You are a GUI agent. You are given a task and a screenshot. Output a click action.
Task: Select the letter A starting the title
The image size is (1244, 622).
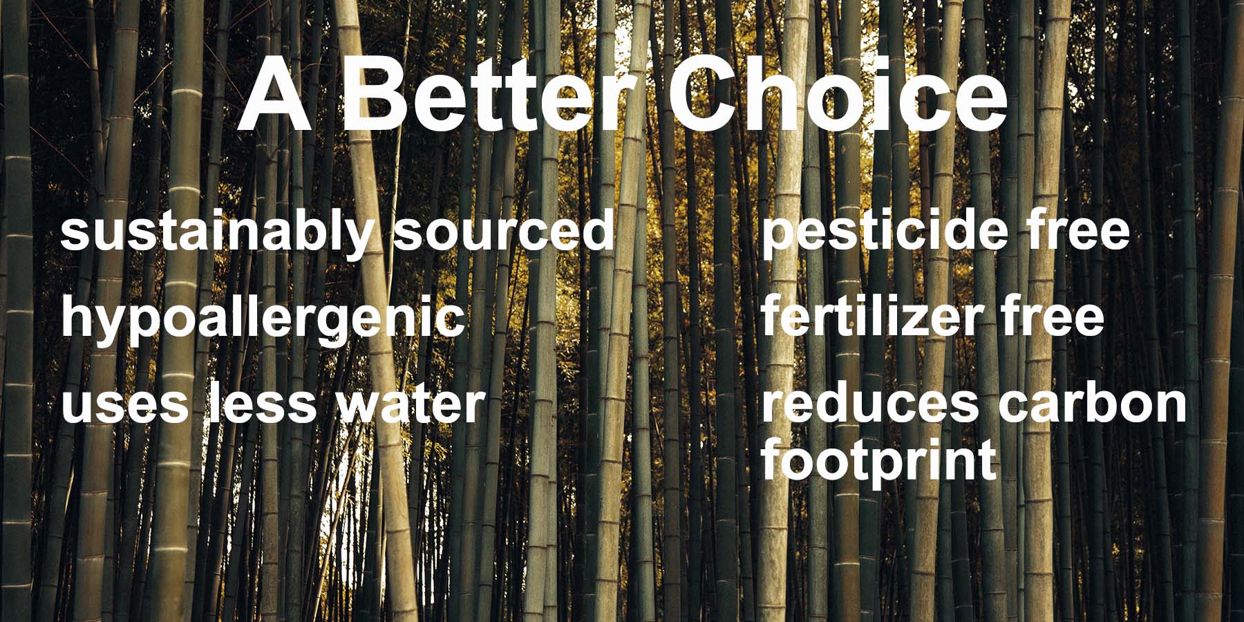click(274, 95)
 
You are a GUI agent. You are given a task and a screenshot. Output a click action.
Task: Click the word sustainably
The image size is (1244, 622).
click(216, 233)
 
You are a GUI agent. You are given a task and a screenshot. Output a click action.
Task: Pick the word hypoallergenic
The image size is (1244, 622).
click(263, 319)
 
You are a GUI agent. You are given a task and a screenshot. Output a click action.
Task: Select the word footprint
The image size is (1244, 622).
click(879, 462)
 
